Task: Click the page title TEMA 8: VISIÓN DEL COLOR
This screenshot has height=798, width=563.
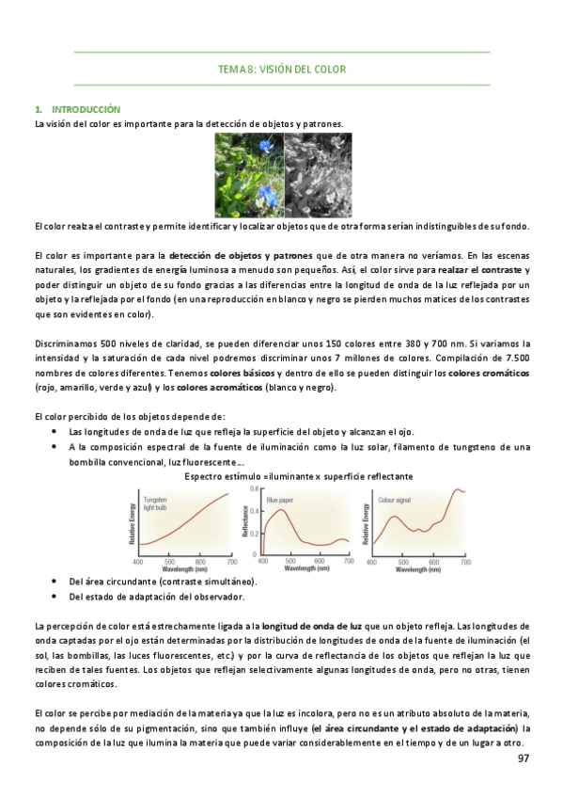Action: click(x=281, y=69)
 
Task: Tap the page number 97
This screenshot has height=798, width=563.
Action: click(x=524, y=757)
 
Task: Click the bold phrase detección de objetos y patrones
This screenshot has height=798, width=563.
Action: click(x=242, y=255)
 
